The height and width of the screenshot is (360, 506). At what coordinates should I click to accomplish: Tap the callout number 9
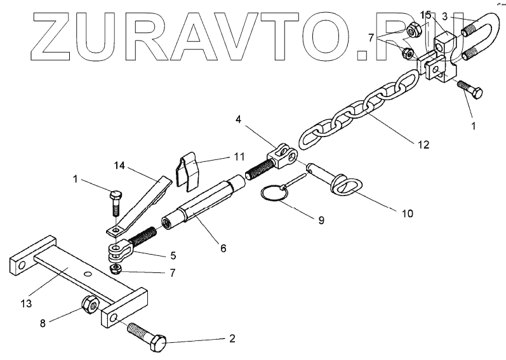(321, 220)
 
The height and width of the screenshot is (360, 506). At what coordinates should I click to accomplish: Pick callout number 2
(232, 339)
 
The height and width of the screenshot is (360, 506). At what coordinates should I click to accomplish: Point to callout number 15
(425, 14)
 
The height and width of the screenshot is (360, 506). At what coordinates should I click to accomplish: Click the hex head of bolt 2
(157, 344)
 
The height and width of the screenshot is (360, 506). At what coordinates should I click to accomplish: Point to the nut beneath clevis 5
(116, 269)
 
